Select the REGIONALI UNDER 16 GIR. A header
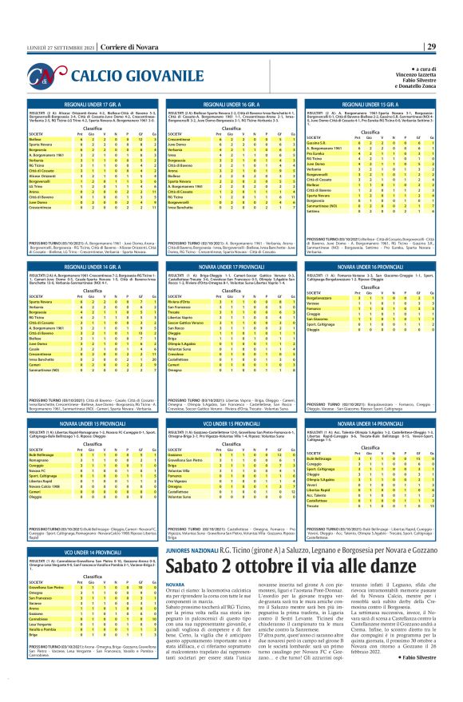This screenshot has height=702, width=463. coord(231,105)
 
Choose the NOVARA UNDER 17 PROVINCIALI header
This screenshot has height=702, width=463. coord(231,267)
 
